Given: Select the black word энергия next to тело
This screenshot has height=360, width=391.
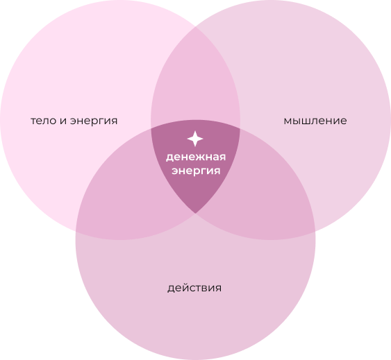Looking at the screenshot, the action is click(94, 121).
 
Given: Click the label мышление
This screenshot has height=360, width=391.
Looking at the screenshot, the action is click(315, 121).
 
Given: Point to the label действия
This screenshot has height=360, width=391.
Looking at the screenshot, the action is click(194, 289).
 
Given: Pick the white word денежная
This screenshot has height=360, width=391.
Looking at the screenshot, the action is click(196, 157).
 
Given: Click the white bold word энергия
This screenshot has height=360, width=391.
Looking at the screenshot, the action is click(196, 171).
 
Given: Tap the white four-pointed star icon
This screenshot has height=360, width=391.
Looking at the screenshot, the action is click(195, 139).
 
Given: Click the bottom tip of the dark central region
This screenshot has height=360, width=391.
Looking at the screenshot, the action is click(196, 213).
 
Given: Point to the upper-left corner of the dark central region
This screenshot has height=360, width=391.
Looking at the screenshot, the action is click(151, 129).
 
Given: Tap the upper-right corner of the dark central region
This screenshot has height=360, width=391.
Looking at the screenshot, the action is click(240, 129).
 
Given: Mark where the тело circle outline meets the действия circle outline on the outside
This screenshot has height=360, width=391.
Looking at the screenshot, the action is click(76, 232).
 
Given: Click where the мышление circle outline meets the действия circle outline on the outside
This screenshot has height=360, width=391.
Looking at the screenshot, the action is click(315, 232).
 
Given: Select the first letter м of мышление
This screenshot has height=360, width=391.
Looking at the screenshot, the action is click(288, 121).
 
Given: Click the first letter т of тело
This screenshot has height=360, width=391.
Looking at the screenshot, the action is click(33, 121).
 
